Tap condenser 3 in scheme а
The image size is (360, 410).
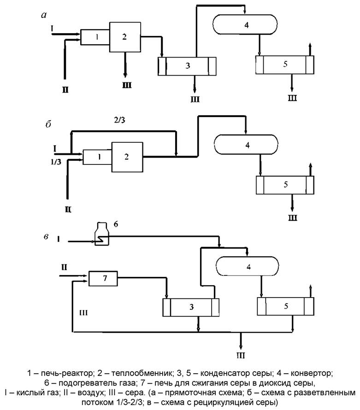coord(187,65)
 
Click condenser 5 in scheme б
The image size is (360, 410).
coord(285,185)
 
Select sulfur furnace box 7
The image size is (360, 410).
coord(103,278)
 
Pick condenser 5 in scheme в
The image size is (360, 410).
coord(286,305)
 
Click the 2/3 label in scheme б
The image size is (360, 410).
coord(119,121)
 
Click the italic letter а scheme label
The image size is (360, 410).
coord(44,16)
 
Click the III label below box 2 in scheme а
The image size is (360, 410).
coord(126,86)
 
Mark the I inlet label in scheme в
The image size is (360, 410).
coord(59,239)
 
